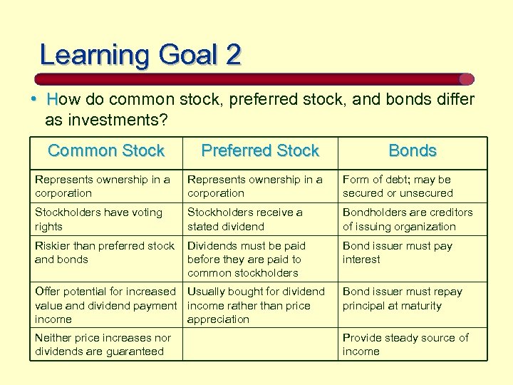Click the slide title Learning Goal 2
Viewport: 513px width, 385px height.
click(140, 55)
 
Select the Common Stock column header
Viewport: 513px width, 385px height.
click(106, 150)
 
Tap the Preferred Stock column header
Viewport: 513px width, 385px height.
click(260, 150)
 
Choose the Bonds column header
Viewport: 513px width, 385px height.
click(412, 150)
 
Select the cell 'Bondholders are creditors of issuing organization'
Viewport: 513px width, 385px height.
click(407, 219)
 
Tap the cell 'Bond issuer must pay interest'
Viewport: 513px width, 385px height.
click(397, 252)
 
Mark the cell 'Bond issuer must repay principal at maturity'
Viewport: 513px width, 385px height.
click(402, 299)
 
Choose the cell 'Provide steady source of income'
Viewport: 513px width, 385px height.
click(405, 344)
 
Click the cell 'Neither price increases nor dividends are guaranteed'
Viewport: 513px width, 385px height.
click(103, 344)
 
